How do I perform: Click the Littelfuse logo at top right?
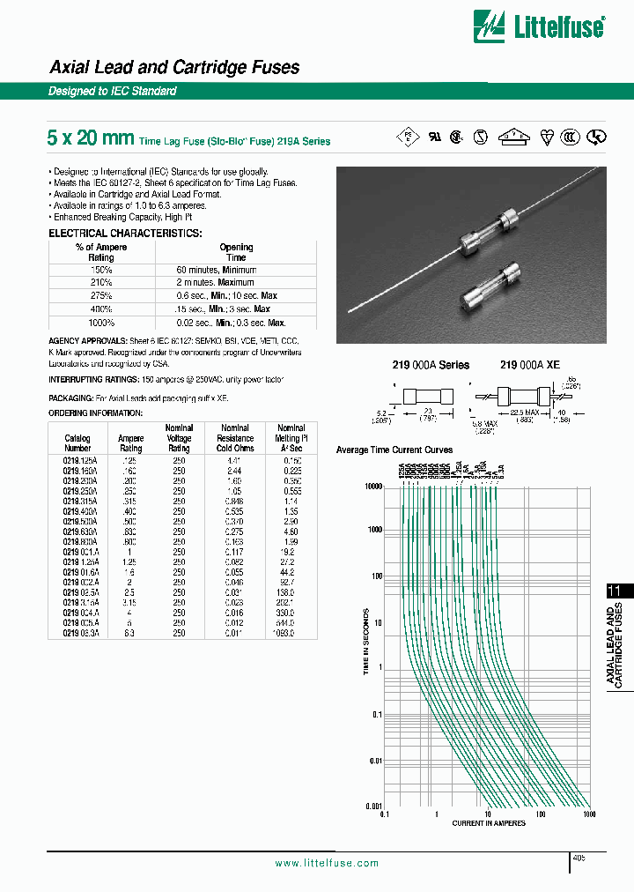pyautogui.click(x=539, y=26)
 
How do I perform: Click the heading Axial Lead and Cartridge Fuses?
pyautogui.click(x=173, y=67)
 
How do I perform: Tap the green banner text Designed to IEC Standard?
pyautogui.click(x=112, y=92)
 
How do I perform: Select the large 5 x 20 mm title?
pyautogui.click(x=91, y=138)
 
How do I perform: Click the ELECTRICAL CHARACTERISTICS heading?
pyautogui.click(x=124, y=233)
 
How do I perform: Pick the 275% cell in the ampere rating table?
pyautogui.click(x=101, y=296)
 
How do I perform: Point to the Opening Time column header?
pyautogui.click(x=236, y=252)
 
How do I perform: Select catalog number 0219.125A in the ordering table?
pyautogui.click(x=77, y=460)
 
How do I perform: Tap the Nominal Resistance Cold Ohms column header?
pyautogui.click(x=235, y=438)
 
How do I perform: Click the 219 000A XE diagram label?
pyautogui.click(x=529, y=365)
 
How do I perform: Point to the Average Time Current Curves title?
pyautogui.click(x=394, y=450)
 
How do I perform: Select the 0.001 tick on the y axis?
pyautogui.click(x=372, y=807)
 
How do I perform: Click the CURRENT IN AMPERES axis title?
pyautogui.click(x=489, y=823)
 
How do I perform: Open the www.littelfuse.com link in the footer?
pyautogui.click(x=327, y=864)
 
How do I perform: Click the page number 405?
pyautogui.click(x=578, y=857)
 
